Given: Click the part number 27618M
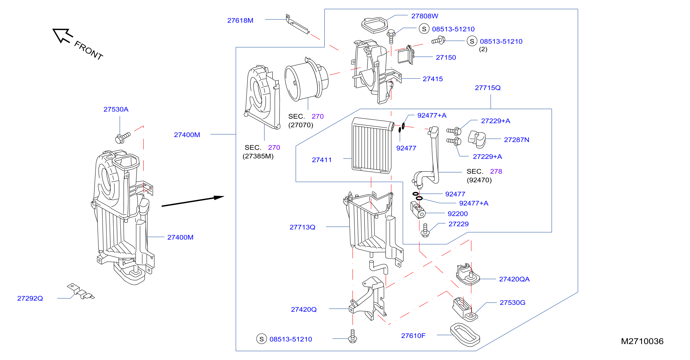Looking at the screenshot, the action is pyautogui.click(x=240, y=21).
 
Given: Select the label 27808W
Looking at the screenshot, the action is pyautogui.click(x=425, y=16).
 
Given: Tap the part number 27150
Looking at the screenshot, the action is pyautogui.click(x=446, y=57).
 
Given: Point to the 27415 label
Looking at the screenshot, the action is pyautogui.click(x=433, y=79).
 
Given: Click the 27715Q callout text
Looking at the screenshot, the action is pyautogui.click(x=487, y=88).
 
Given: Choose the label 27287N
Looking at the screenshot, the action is pyautogui.click(x=516, y=139).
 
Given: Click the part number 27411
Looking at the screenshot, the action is pyautogui.click(x=322, y=160).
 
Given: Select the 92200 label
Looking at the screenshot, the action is pyautogui.click(x=457, y=213).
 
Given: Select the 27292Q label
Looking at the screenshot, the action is pyautogui.click(x=30, y=298).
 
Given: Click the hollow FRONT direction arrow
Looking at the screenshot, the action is pyautogui.click(x=62, y=35).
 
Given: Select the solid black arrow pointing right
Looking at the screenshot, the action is pyautogui.click(x=193, y=201).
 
